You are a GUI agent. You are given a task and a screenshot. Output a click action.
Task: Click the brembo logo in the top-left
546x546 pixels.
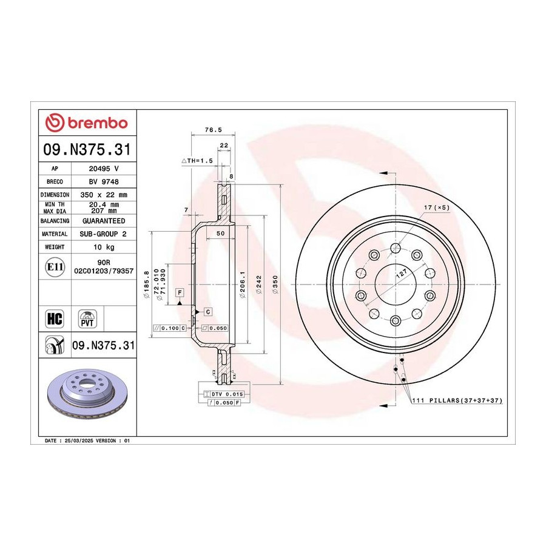click(87, 123)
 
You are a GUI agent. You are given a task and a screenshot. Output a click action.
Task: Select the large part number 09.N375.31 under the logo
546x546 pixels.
click(87, 149)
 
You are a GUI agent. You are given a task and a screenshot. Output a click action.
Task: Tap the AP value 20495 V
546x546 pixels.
click(104, 169)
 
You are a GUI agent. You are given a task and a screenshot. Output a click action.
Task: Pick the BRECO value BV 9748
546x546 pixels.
click(104, 182)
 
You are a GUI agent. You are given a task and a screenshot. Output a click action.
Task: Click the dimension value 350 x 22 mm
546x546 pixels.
click(104, 195)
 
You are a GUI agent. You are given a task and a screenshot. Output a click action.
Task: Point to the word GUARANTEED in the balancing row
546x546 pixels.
click(104, 221)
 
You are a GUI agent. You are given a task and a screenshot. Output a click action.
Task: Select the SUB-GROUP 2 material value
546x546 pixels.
click(103, 234)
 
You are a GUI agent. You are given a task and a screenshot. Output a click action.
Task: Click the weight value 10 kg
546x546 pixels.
click(104, 248)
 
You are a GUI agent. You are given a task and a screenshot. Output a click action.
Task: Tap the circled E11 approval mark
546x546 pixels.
click(55, 267)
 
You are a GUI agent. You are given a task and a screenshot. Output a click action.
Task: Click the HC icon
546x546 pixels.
click(55, 318)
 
